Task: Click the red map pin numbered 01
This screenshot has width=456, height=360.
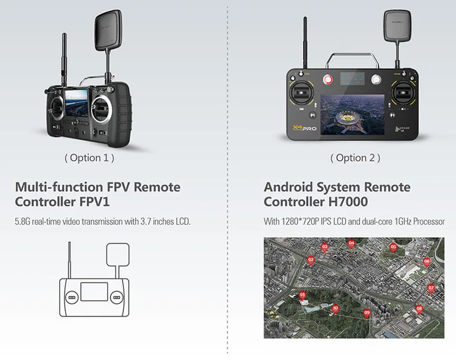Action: tap(302, 294)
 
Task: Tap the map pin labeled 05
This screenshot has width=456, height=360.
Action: tap(393, 246)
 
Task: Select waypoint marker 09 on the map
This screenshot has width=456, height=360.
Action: tap(367, 312)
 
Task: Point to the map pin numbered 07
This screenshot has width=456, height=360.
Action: tap(431, 287)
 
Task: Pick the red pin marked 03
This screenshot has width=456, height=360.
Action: tap(324, 246)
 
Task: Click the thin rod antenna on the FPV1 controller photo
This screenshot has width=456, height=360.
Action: tap(64, 57)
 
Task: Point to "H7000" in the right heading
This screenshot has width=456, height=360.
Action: tap(347, 202)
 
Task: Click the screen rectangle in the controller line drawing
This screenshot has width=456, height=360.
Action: tap(93, 291)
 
